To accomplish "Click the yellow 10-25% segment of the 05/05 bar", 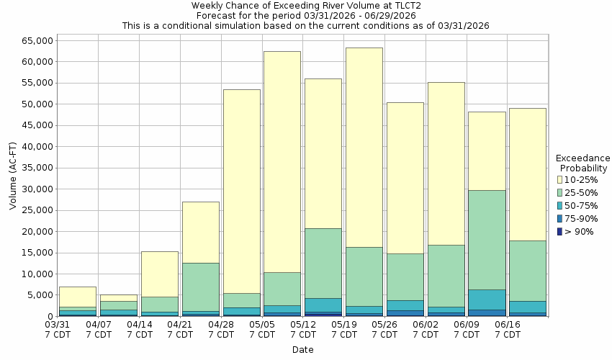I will [x=282, y=162].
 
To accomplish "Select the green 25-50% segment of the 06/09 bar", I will [x=487, y=240].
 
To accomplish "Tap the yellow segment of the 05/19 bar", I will [x=364, y=148].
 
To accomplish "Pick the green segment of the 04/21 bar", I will [x=200, y=287].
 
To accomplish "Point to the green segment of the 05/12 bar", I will [x=323, y=263].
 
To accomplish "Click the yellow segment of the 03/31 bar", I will [x=77, y=297].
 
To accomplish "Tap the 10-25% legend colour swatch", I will [x=560, y=179].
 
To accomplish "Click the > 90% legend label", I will [x=580, y=231].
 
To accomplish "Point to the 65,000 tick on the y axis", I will [x=32, y=41].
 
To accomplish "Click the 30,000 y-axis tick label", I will [x=32, y=189].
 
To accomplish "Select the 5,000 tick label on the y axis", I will [x=37, y=295].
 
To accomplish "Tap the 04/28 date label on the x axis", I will [x=222, y=330].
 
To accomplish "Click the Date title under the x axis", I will [x=302, y=350].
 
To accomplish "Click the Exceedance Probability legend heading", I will [x=582, y=163].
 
